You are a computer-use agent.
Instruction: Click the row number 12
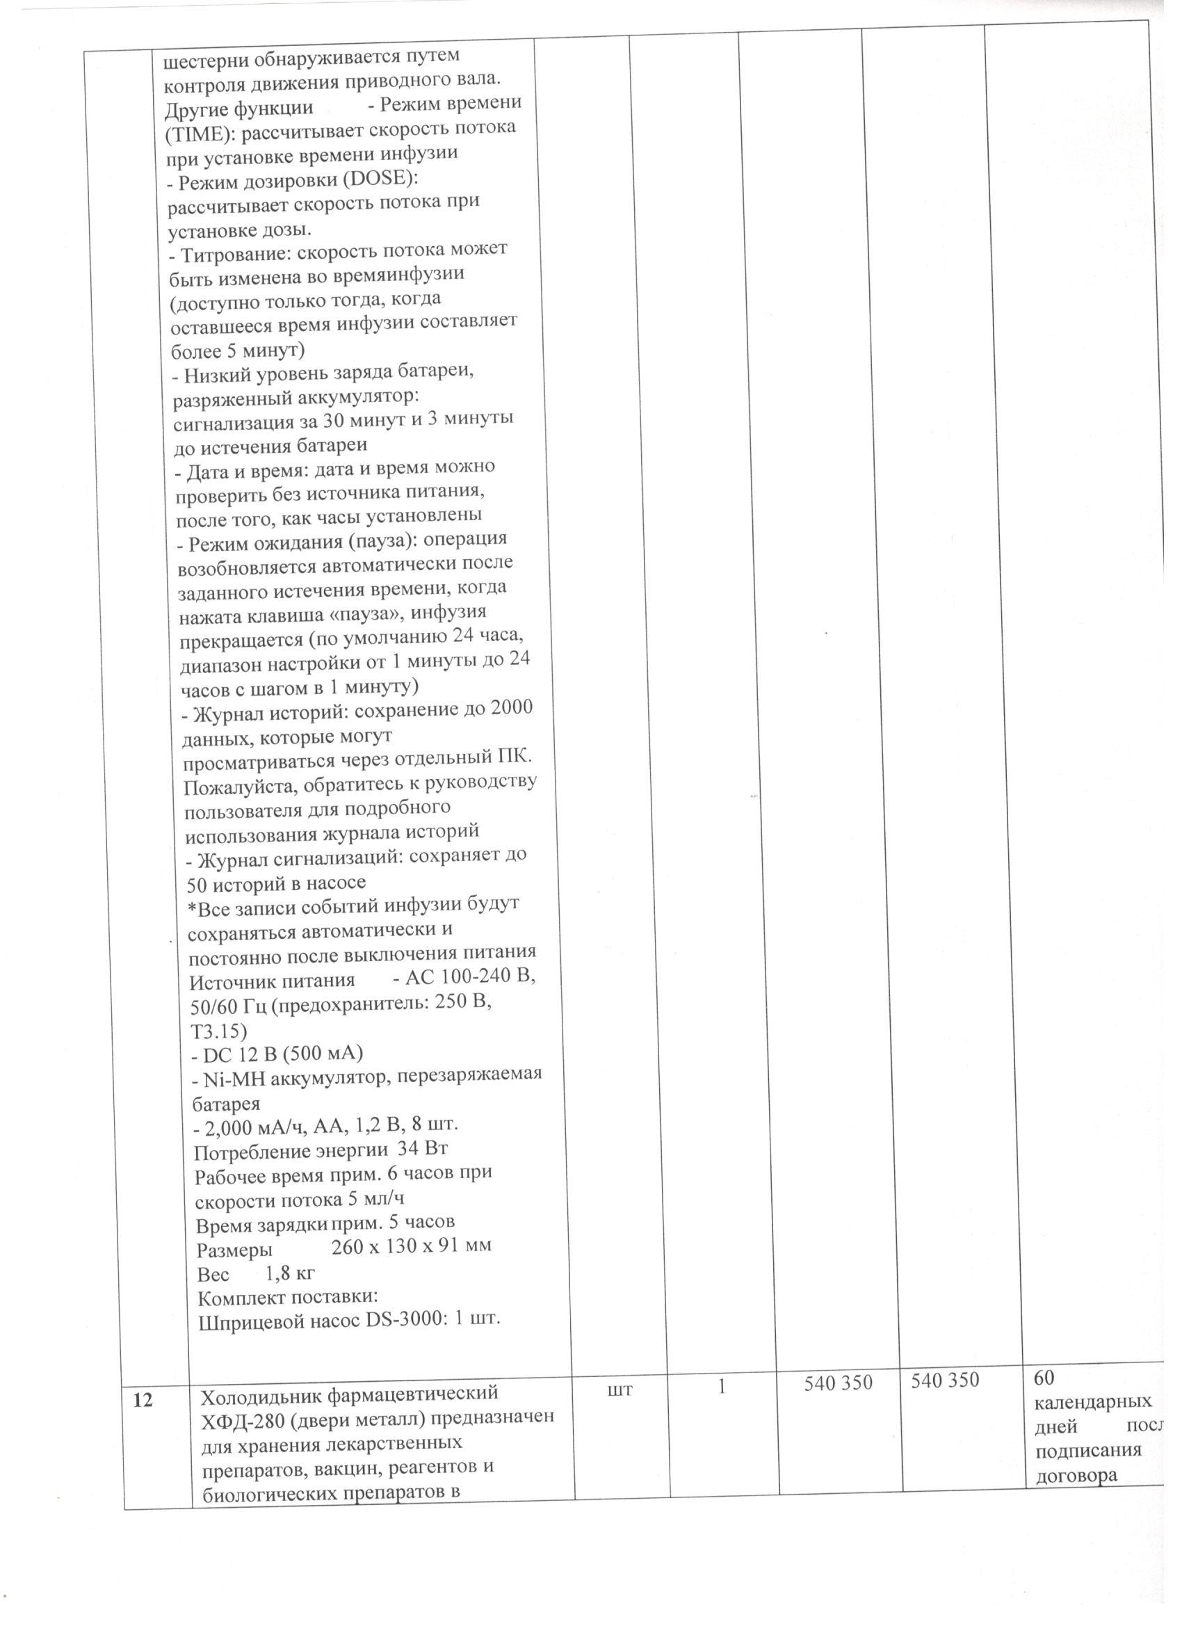[x=143, y=1400]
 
